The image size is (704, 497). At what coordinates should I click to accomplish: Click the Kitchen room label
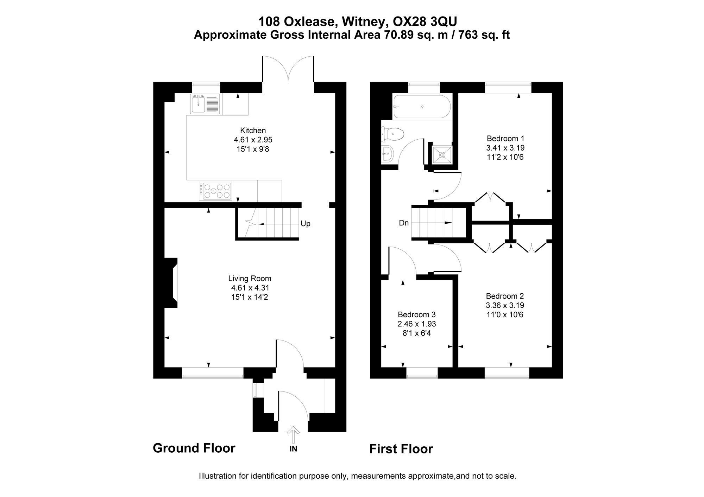click(253, 130)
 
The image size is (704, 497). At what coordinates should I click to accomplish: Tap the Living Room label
click(250, 279)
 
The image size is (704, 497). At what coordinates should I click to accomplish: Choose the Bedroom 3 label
click(417, 314)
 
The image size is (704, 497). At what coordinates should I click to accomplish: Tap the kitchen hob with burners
click(215, 191)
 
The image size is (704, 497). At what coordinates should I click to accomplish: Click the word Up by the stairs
click(306, 224)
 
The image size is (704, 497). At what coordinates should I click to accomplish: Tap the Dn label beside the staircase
click(404, 223)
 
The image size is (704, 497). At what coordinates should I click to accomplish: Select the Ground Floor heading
click(194, 448)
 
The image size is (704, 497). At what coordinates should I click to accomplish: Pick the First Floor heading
click(401, 449)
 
